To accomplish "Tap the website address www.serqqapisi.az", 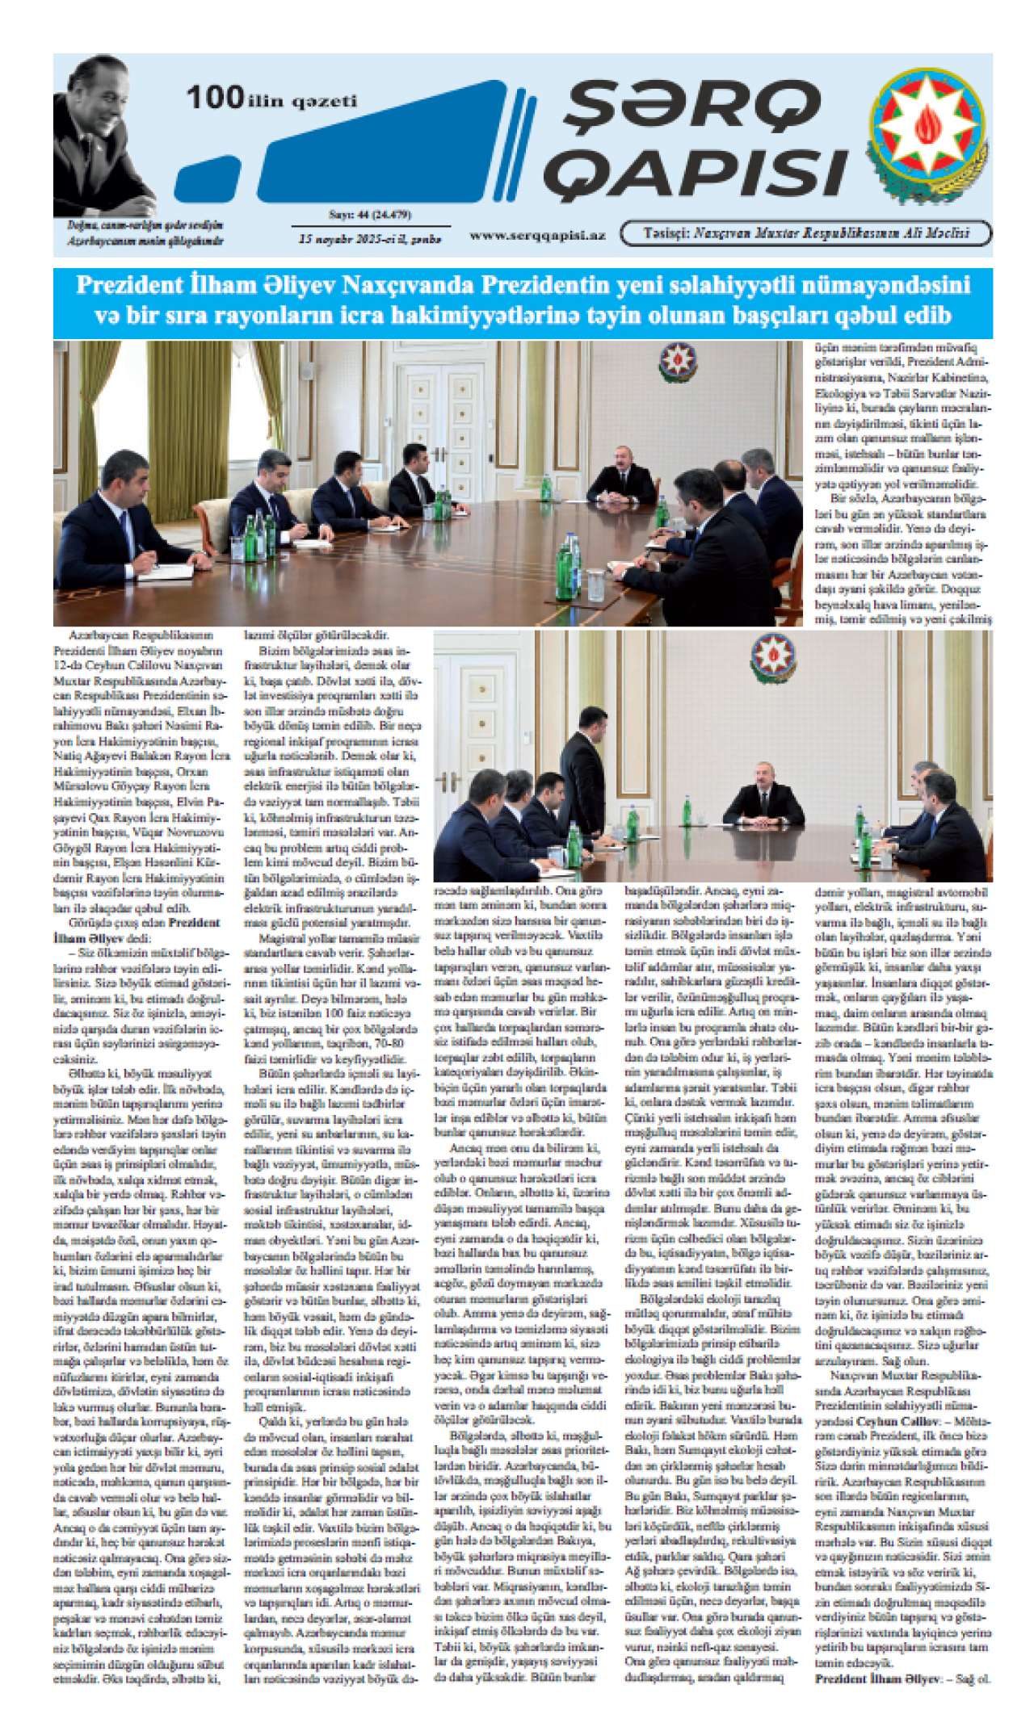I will (537, 236).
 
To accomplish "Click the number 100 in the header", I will (215, 98).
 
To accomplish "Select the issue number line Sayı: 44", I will (370, 215).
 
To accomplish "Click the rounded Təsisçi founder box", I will (805, 234).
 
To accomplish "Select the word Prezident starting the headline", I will (127, 286).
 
